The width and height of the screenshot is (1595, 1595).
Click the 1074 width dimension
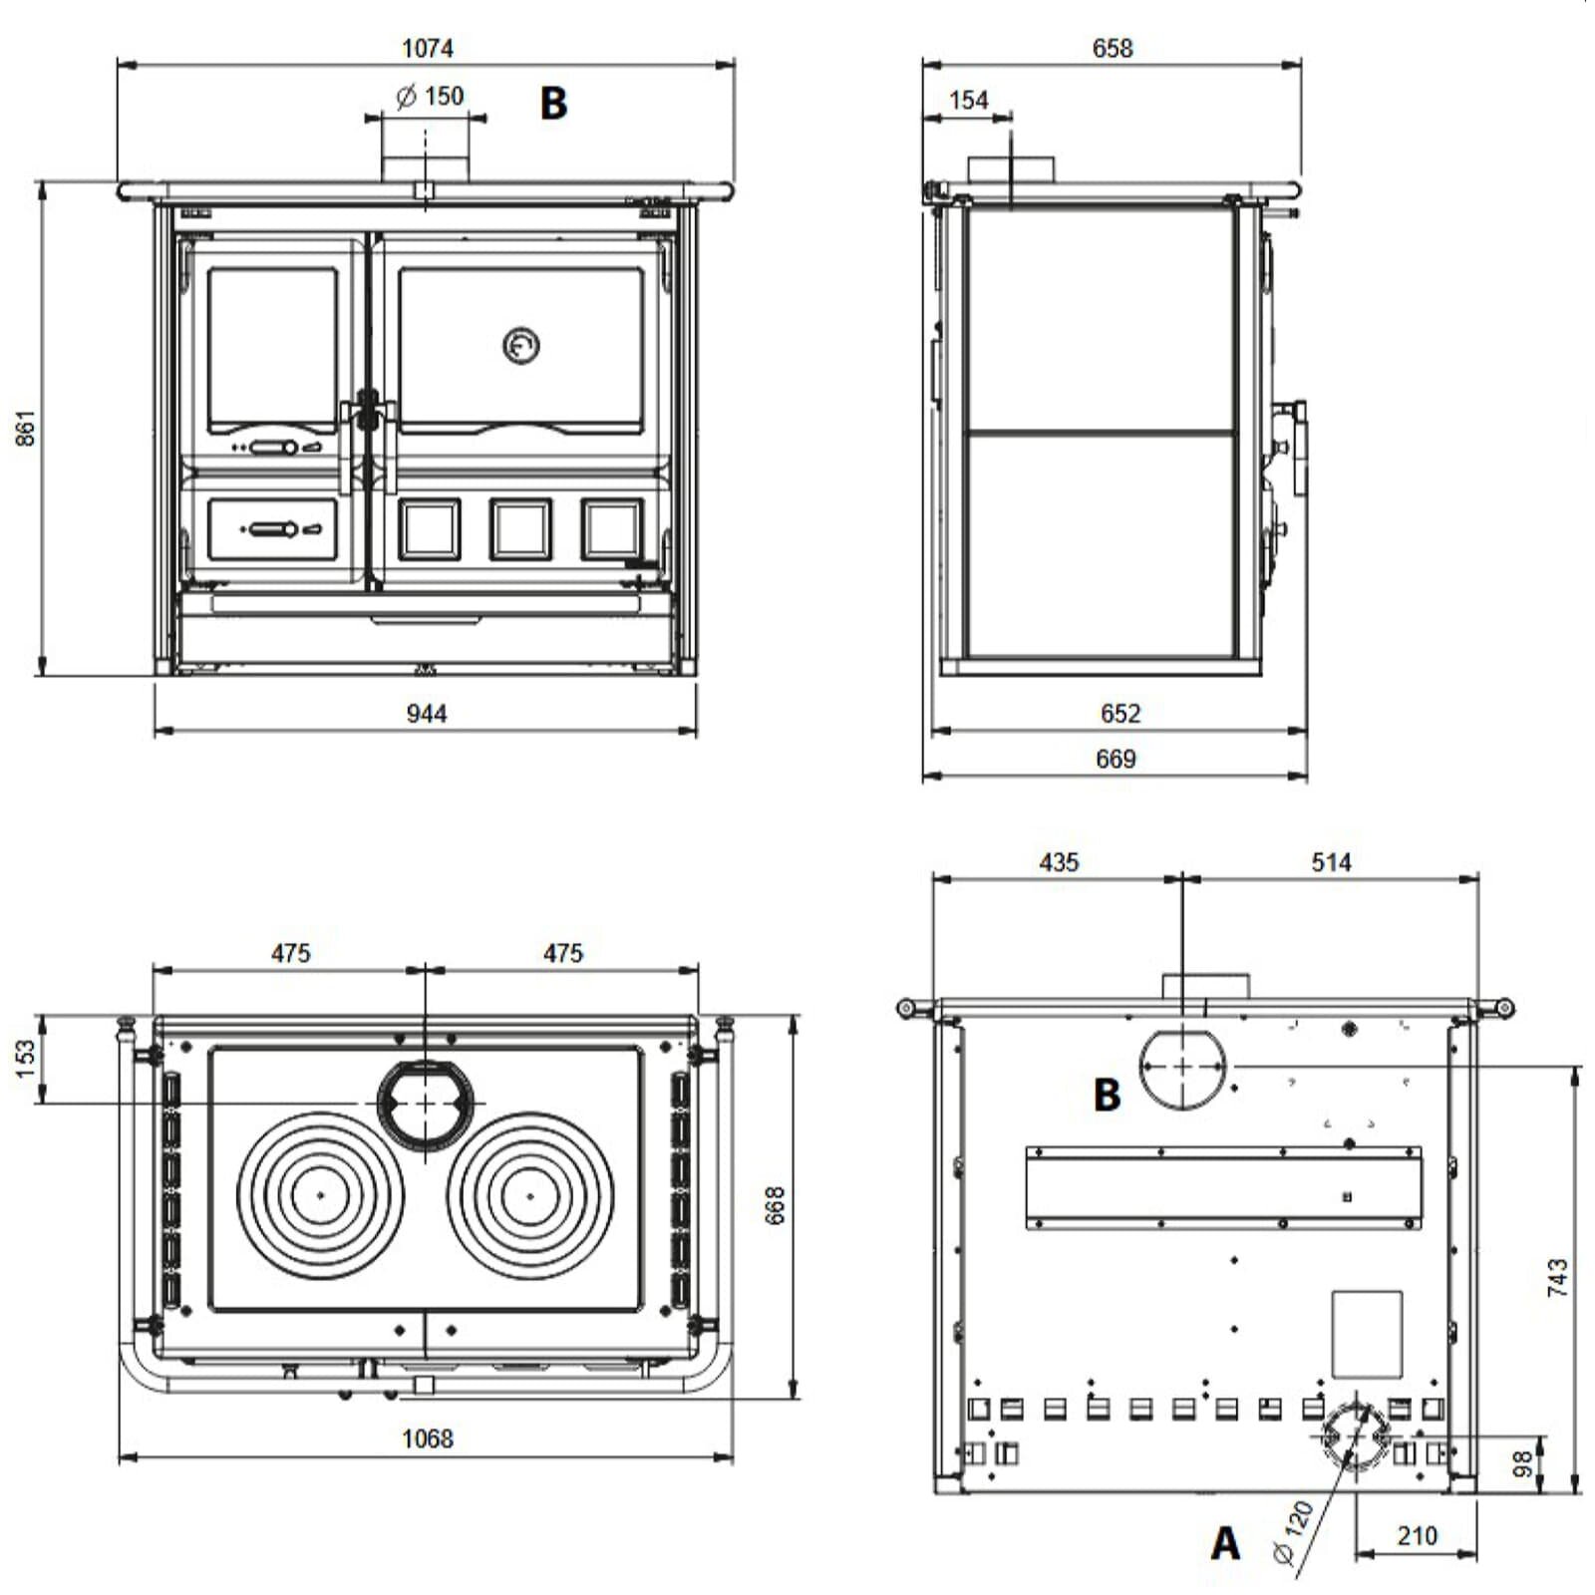(427, 48)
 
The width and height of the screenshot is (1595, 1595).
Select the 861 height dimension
(27, 428)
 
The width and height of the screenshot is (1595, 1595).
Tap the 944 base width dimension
(427, 714)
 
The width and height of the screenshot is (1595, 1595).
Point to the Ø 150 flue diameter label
(431, 97)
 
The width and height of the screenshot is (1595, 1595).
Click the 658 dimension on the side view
(1113, 48)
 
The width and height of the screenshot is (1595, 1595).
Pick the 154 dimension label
(968, 100)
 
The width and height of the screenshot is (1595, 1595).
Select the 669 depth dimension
(1116, 759)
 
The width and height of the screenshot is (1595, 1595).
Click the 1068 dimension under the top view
(427, 1438)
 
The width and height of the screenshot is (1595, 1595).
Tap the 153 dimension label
(27, 1058)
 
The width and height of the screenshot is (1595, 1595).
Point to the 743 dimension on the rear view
(1557, 1277)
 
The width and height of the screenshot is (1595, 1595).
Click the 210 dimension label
(1417, 1536)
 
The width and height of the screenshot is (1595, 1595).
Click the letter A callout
(1225, 1543)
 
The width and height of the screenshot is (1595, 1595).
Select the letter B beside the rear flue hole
(1107, 1095)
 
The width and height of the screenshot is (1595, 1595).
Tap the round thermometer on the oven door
(520, 346)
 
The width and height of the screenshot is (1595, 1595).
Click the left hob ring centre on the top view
(321, 1194)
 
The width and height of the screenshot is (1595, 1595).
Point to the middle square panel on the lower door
(519, 528)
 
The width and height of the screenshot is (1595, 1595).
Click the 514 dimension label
(1331, 862)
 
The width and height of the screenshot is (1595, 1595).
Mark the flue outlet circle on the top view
(426, 1104)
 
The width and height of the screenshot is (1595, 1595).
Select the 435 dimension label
(1059, 862)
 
